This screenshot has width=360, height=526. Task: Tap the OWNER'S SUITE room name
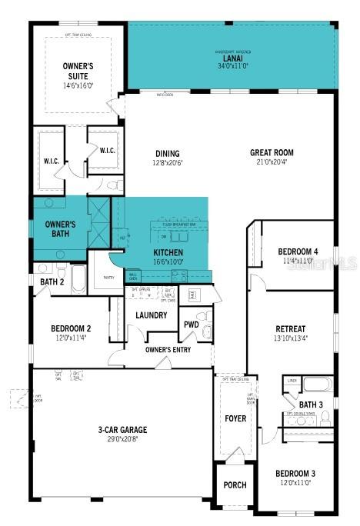(x=78, y=72)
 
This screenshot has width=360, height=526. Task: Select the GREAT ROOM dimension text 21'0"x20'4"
(x=272, y=161)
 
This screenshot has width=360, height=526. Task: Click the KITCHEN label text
(x=168, y=252)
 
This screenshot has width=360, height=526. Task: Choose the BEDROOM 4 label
(x=297, y=251)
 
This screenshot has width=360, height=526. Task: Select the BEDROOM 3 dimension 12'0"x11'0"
(x=296, y=483)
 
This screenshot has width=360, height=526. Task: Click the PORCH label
(x=235, y=485)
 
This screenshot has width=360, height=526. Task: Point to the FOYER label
(x=235, y=418)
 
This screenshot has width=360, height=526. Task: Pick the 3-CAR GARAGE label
(x=122, y=429)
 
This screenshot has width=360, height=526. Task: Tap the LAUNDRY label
(x=152, y=315)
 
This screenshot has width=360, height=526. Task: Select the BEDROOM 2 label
(x=72, y=327)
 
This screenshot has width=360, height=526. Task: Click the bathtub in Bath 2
(x=79, y=278)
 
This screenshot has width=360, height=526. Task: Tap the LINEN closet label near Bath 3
(x=292, y=381)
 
